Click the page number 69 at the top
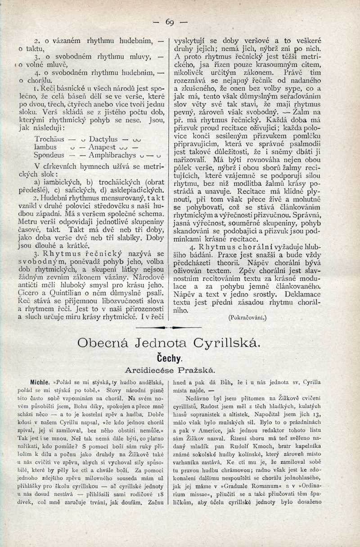170,22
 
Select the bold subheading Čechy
170,359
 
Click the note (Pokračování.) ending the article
247,317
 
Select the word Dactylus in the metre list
103,139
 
